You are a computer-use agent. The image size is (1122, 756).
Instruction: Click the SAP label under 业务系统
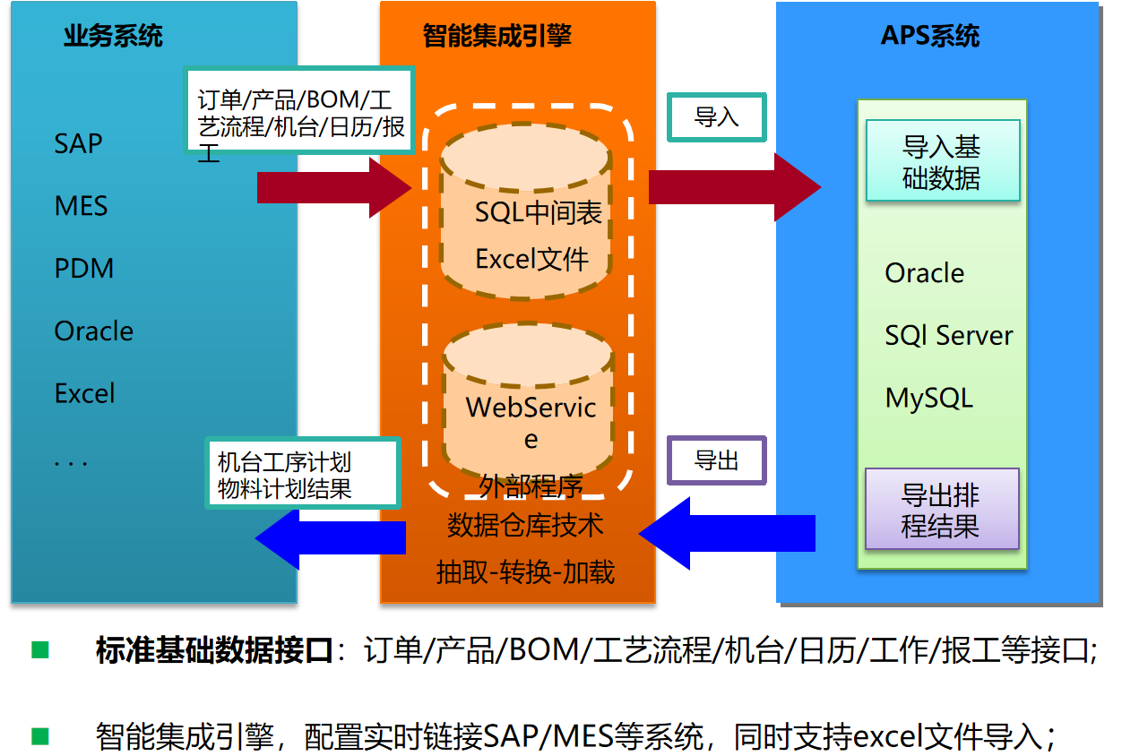[x=79, y=143]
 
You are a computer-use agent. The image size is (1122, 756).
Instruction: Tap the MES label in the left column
[x=81, y=206]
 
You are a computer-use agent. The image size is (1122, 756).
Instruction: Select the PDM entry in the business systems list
[x=84, y=269]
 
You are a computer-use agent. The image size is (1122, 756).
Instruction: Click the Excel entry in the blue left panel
[x=85, y=393]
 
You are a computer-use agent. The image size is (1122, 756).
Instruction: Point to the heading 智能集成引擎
[x=497, y=36]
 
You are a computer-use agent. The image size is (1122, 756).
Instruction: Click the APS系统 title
[x=930, y=37]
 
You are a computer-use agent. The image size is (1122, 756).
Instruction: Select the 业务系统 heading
[x=113, y=37]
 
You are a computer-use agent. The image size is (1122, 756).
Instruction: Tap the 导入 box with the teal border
[x=716, y=117]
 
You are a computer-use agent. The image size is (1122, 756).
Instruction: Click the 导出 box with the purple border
[x=716, y=461]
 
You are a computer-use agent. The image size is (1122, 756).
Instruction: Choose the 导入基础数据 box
[x=941, y=161]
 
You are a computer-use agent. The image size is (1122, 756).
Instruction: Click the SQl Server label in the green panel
[x=948, y=336]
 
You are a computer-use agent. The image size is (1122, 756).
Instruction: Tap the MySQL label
[x=928, y=398]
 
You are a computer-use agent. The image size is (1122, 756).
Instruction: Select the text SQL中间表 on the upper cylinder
[x=538, y=213]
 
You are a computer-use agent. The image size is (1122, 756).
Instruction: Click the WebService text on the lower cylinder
[x=531, y=408]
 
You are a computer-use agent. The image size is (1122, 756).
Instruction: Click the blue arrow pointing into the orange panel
[x=726, y=534]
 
